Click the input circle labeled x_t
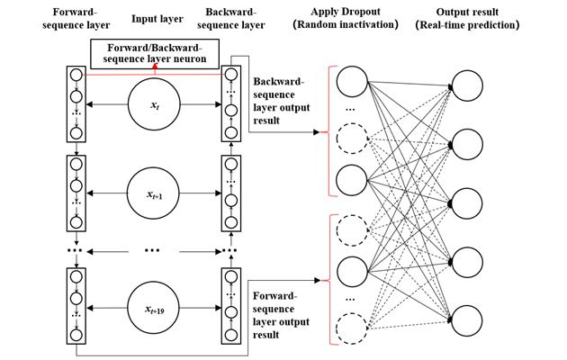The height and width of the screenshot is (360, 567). [x=153, y=105]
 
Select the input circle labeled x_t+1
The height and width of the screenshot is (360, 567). [x=153, y=193]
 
